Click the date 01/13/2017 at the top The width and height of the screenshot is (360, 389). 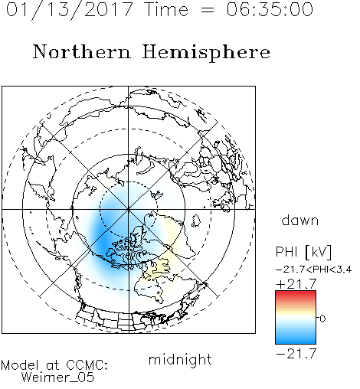[70, 10]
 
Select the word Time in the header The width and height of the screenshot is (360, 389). [166, 9]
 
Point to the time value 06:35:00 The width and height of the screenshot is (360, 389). [270, 9]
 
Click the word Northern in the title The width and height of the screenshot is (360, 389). [82, 52]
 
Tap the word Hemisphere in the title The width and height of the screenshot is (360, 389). [206, 53]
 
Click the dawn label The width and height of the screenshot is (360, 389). [300, 220]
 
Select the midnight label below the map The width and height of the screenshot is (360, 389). [180, 359]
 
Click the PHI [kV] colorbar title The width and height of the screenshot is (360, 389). [303, 252]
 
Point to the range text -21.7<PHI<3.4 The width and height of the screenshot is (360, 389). [314, 270]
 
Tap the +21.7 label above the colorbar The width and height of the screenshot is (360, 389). [296, 284]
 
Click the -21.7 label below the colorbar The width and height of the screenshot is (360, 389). [296, 354]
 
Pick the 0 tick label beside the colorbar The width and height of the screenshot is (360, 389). [322, 319]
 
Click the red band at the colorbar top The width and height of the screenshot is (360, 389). [296, 295]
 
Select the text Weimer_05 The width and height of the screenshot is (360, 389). [58, 377]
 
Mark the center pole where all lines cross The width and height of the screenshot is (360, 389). [129, 209]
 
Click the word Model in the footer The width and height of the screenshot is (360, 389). [20, 365]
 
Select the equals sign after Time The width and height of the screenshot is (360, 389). [208, 10]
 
